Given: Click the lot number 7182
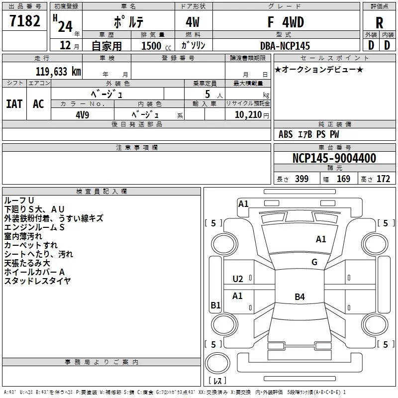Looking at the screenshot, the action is tap(25, 21).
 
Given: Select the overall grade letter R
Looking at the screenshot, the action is tap(379, 23).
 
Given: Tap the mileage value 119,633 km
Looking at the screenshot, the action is tap(58, 72).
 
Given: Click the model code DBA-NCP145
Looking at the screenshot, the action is tap(285, 46).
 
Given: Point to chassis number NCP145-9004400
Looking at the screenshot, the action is tap(334, 158).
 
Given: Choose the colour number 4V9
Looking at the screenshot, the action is tap(83, 115).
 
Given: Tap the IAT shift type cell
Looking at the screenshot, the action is tap(14, 104).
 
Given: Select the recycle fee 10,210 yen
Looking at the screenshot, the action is tap(252, 115).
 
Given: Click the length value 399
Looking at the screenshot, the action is tap(302, 179).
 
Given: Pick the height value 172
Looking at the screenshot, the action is tap(383, 179).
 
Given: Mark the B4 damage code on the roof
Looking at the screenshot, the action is tap(300, 297).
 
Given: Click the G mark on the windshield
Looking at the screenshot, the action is tap(314, 262).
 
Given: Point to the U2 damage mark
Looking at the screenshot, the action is tap(238, 279).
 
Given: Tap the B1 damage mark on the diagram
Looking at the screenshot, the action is tap(215, 305).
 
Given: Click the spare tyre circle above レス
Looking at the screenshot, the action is tap(217, 363).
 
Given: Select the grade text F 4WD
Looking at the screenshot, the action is tap(286, 22).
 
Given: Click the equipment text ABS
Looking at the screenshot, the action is tap(286, 134).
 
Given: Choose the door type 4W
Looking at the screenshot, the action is tap(193, 22).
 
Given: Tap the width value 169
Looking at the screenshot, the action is tap(343, 179).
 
